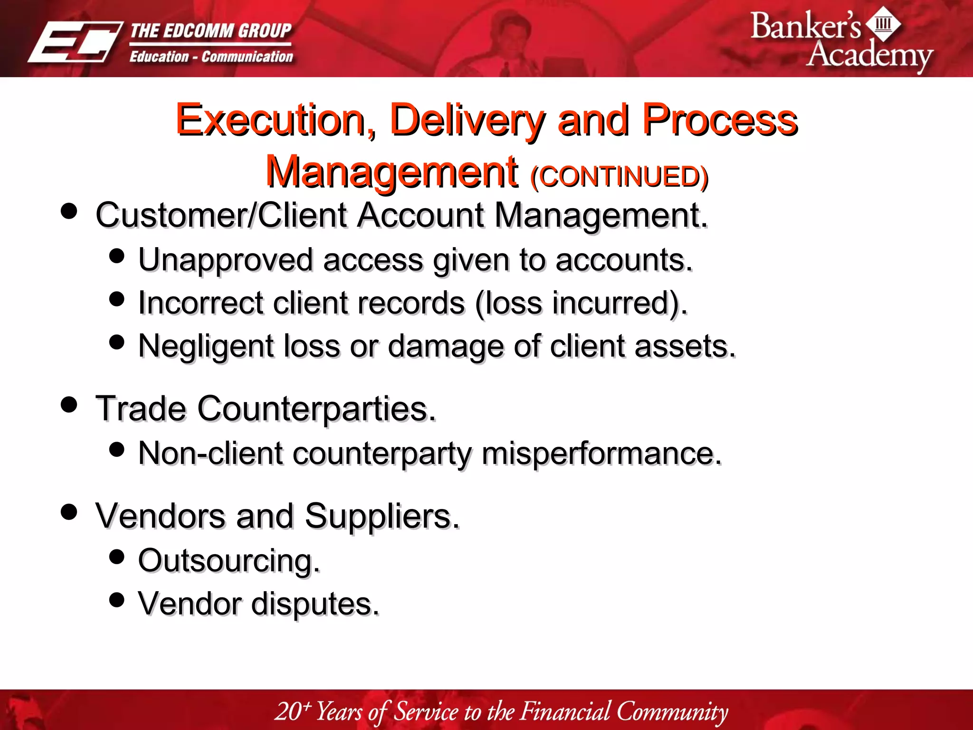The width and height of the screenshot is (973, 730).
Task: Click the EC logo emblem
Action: click(x=75, y=42)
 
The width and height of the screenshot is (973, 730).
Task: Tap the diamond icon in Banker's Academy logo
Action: click(x=883, y=23)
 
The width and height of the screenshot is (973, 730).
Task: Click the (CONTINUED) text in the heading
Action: click(x=620, y=177)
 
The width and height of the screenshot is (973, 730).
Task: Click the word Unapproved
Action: click(x=226, y=260)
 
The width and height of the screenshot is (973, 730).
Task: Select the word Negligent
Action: click(x=206, y=346)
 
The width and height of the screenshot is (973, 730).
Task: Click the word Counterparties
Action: click(x=316, y=409)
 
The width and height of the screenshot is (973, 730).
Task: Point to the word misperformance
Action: click(x=601, y=453)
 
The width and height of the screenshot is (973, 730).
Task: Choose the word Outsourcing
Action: click(x=229, y=561)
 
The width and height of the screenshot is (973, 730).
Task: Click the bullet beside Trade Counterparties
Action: click(x=69, y=404)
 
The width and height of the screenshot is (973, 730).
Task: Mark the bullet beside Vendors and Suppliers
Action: click(x=69, y=512)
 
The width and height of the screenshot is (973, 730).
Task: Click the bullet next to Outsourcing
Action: click(x=116, y=556)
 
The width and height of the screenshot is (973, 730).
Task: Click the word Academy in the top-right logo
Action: click(x=869, y=55)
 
